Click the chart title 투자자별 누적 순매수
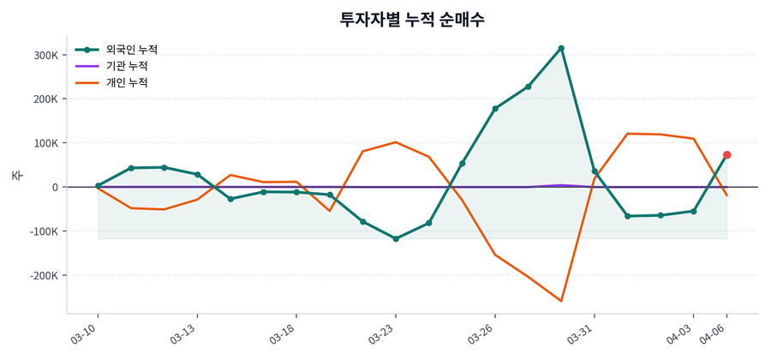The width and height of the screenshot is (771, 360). coord(412,19)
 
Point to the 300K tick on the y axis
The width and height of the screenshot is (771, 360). coord(45,55)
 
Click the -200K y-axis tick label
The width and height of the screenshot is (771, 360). coord(44,276)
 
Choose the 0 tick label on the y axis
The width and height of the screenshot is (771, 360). coord(54,187)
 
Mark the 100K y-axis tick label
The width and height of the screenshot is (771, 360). coord(45,143)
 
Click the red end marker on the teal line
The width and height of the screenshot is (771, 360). coord(726,155)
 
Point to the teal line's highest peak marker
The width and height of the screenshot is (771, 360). coord(561,48)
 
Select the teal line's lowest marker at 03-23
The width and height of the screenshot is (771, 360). coord(396,238)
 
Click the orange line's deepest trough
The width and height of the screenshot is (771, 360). coord(561,301)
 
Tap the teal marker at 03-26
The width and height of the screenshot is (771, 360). coord(495,109)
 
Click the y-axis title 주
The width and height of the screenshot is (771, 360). coord(16,175)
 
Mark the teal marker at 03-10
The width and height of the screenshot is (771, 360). coord(98,185)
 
